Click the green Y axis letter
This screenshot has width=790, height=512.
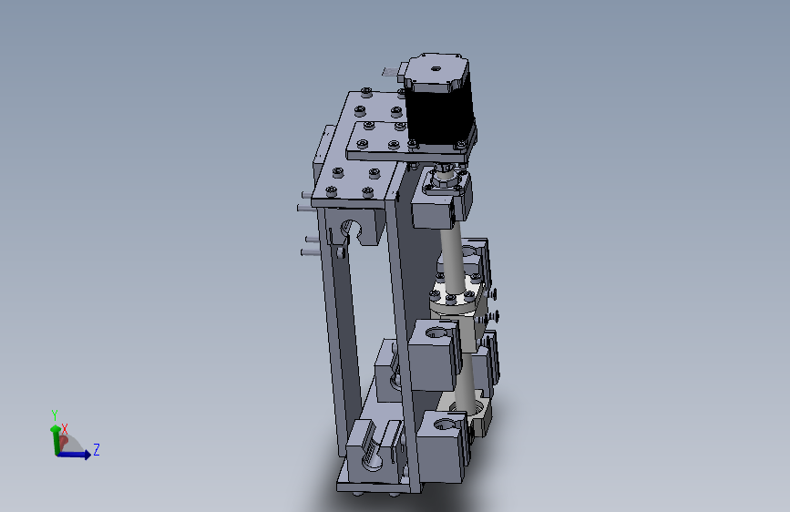click(x=55, y=415)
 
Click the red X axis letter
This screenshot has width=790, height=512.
click(x=65, y=427)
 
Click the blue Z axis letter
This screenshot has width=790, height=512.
click(x=97, y=449)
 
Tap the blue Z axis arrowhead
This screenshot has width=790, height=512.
click(x=86, y=455)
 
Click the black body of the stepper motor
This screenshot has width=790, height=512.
click(x=438, y=115)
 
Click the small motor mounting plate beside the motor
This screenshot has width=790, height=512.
click(x=383, y=141)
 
